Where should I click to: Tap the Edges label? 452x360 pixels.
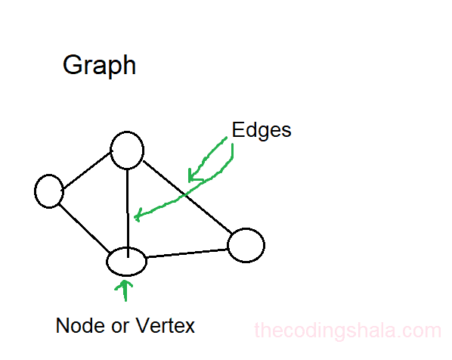[262, 129]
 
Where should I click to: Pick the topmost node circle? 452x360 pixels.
[126, 150]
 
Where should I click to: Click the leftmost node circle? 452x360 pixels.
[49, 191]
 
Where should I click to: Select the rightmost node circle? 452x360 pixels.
[246, 245]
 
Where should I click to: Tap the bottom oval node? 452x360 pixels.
[125, 261]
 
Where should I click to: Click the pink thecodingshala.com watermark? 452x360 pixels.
[347, 331]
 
